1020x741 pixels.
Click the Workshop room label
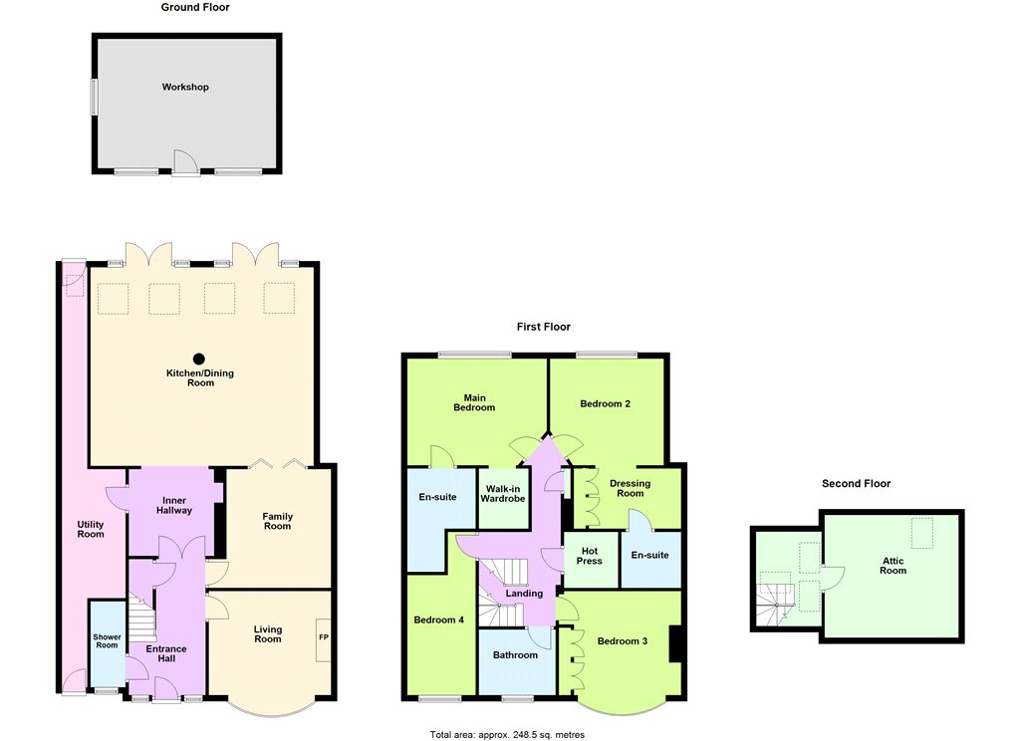(185, 87)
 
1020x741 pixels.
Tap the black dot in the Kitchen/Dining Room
(199, 359)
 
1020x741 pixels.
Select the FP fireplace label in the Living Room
(324, 636)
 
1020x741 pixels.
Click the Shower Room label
(107, 640)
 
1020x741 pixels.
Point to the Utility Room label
(91, 529)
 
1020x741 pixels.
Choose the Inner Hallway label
(173, 506)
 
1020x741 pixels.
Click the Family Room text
(277, 521)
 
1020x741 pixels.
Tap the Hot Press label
(590, 556)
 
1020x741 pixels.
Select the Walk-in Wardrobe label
(503, 494)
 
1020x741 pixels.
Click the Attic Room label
(893, 566)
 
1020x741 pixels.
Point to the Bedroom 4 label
(439, 620)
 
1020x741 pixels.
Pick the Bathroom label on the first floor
(515, 655)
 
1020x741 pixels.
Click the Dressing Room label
(630, 488)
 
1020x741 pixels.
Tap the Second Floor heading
(856, 483)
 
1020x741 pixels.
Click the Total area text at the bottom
(507, 735)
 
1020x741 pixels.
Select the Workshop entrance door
(185, 162)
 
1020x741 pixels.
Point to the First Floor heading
(544, 327)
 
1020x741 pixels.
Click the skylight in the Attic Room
(921, 532)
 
